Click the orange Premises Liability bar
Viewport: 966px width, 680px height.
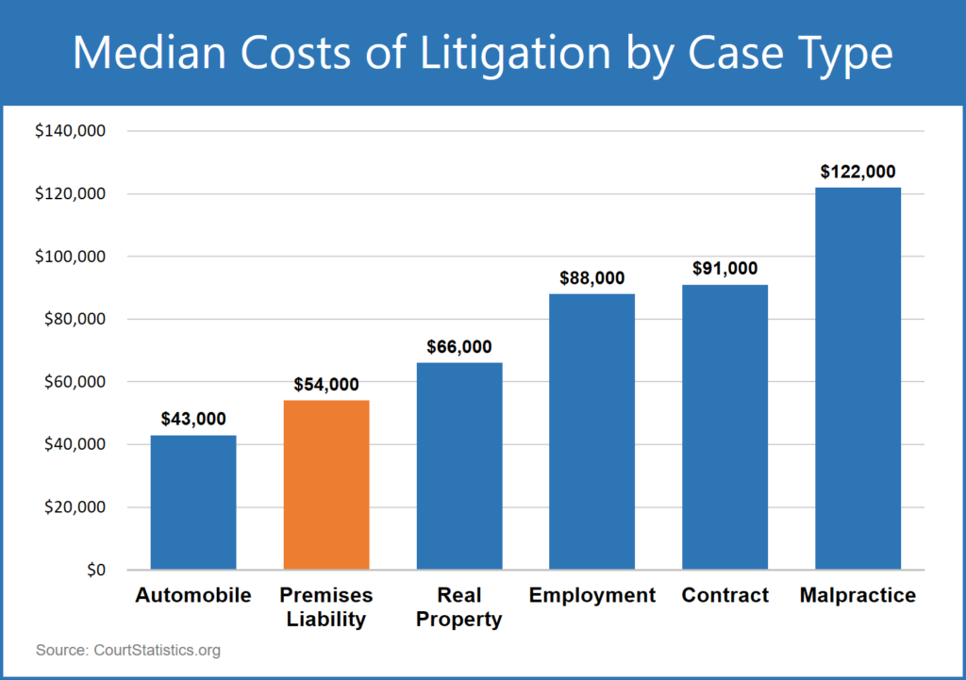point(326,485)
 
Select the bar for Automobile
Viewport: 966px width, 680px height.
point(193,502)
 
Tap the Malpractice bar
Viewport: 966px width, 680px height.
point(858,378)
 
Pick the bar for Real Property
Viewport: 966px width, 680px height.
point(459,466)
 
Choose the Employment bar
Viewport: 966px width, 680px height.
point(591,431)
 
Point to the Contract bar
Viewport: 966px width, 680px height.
point(724,426)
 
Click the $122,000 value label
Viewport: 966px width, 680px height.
point(858,172)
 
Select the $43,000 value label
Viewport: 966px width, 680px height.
point(193,419)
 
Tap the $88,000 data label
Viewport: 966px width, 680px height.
point(591,278)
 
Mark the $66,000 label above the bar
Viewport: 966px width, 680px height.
point(459,347)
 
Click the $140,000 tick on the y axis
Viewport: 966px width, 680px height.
point(71,131)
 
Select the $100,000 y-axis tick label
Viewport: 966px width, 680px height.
point(71,257)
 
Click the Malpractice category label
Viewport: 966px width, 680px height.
point(858,596)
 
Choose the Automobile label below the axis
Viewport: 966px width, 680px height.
point(193,596)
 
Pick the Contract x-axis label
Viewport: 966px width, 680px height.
point(724,596)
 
